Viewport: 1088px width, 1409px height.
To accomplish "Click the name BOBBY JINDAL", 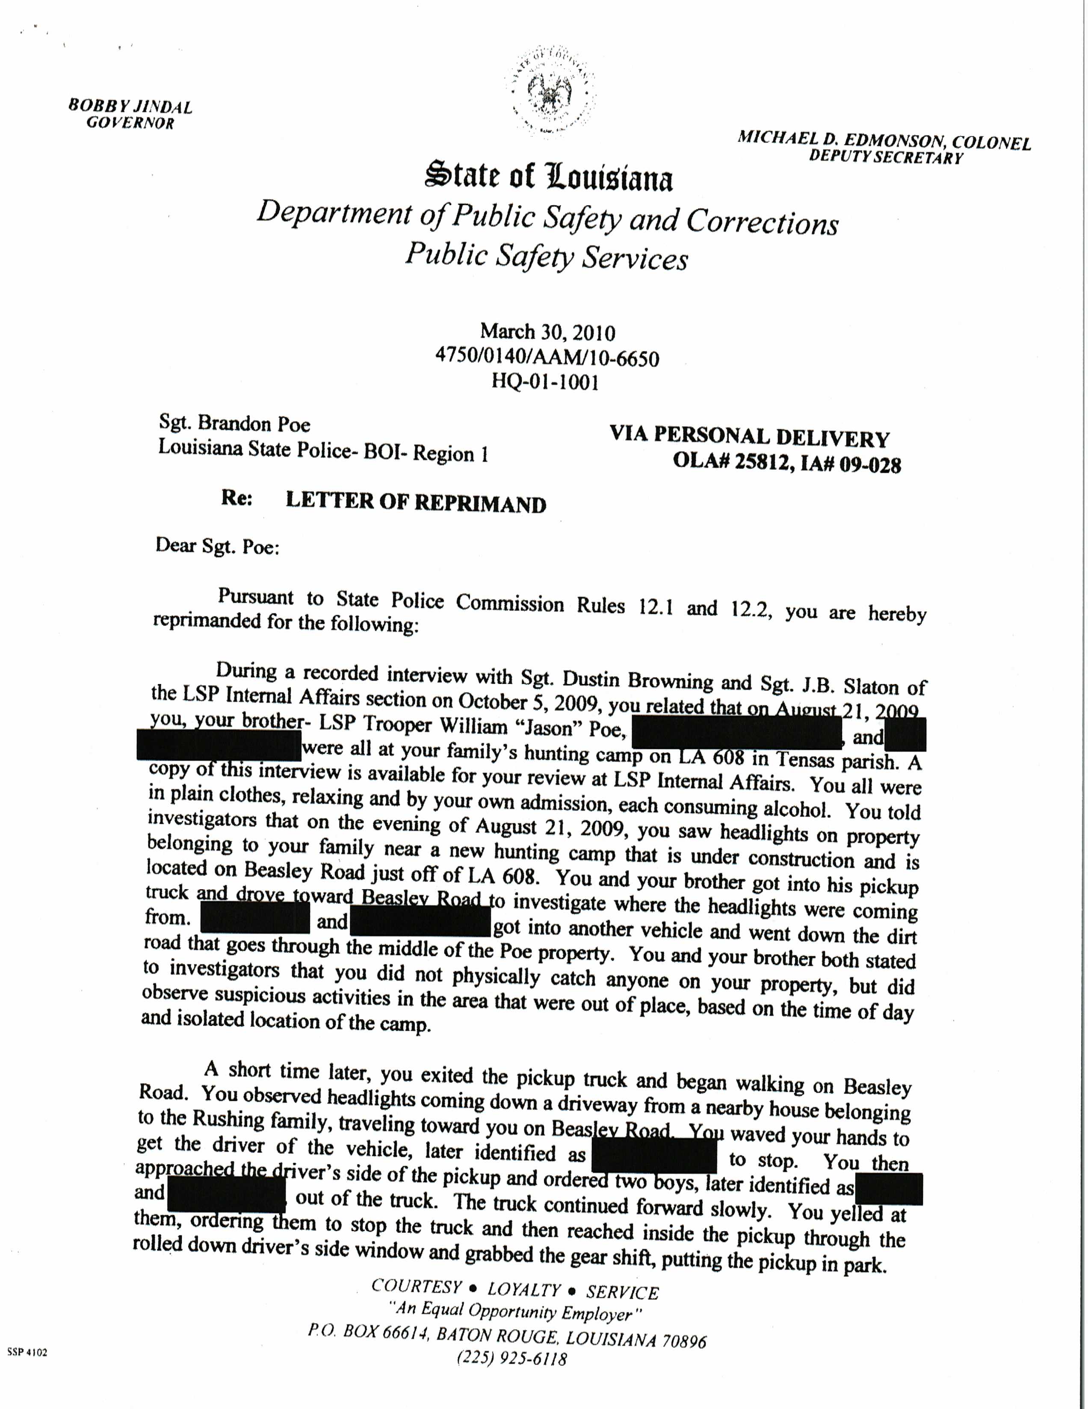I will tap(130, 106).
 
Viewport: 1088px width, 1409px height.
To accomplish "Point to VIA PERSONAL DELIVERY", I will tap(749, 437).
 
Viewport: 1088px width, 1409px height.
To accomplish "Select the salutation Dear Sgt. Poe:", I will tap(217, 546).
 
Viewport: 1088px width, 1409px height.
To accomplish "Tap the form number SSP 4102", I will tap(27, 1352).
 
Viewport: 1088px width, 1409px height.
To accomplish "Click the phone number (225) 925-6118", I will tap(512, 1359).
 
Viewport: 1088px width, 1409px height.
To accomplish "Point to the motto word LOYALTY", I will tap(524, 1290).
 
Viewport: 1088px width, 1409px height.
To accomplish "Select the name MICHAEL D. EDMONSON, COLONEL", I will tap(884, 140).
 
